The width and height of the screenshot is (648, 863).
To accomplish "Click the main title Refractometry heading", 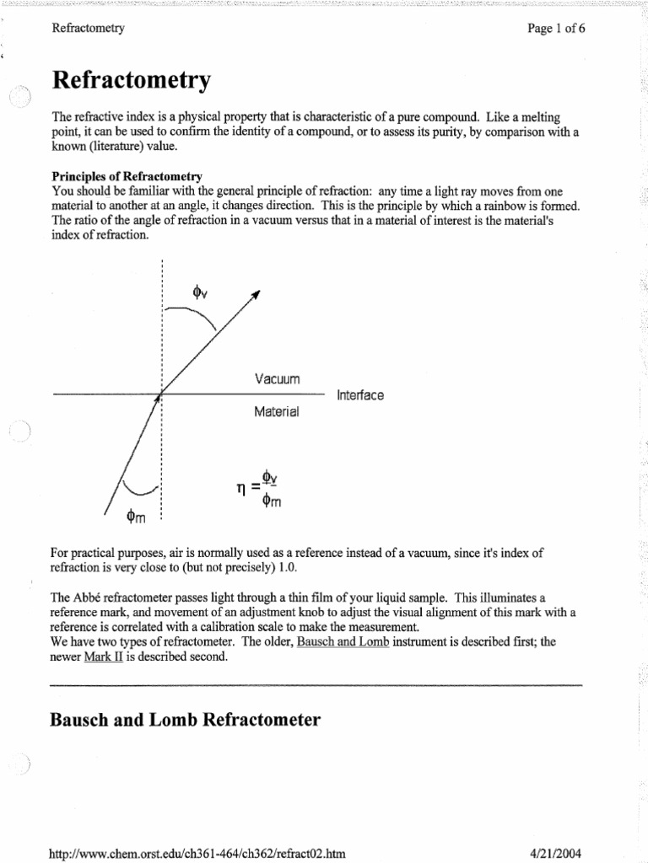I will [131, 82].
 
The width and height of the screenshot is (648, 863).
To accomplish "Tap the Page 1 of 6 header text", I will [557, 28].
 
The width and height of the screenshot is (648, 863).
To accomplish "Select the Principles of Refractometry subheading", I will [127, 176].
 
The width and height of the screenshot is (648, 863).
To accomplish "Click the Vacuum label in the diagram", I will [277, 379].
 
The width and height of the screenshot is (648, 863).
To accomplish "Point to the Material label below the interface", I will [276, 413].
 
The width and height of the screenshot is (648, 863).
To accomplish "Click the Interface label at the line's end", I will [360, 394].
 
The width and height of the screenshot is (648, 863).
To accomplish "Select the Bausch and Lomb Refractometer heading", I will [186, 721].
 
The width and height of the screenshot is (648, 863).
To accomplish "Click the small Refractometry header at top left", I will [89, 28].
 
